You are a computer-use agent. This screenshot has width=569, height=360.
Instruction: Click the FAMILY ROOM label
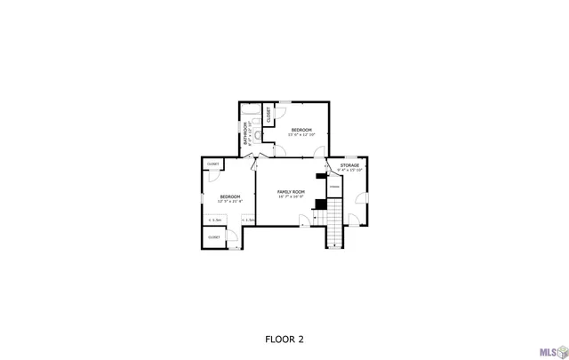291,192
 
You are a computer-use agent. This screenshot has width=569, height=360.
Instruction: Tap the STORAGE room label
349,165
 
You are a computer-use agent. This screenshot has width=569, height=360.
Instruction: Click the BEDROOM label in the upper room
301,130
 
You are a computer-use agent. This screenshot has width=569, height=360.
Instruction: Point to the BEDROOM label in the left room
230,196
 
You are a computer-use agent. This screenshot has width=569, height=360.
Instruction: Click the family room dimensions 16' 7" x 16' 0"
291,197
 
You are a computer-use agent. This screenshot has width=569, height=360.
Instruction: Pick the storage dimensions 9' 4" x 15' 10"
349,170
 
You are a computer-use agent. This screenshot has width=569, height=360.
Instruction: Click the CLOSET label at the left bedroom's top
213,164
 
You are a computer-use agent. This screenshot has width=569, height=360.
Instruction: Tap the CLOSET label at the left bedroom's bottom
214,237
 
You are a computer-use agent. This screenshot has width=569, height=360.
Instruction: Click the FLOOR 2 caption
284,339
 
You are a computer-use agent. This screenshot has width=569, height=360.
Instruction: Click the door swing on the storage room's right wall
360,196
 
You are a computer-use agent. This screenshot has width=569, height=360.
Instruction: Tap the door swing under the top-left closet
214,176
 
